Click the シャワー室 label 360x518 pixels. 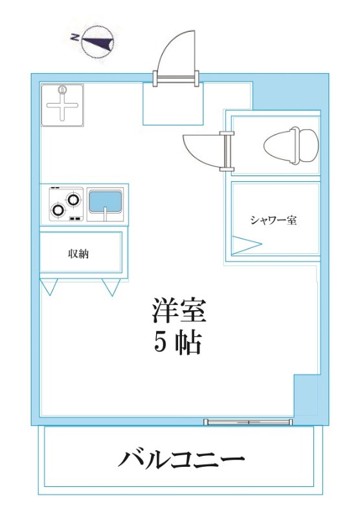tap(273, 220)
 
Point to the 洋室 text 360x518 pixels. tap(179, 311)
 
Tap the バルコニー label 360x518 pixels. tap(181, 461)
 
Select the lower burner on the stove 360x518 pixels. tap(60, 210)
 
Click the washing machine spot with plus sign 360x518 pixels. tap(63, 105)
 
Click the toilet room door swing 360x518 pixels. tap(202, 149)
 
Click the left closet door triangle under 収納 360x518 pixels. tap(50, 286)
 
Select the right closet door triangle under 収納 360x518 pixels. tap(111, 286)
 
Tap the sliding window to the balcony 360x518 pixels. tap(249, 422)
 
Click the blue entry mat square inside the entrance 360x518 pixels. tap(171, 104)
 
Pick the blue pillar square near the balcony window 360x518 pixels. tap(306, 396)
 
